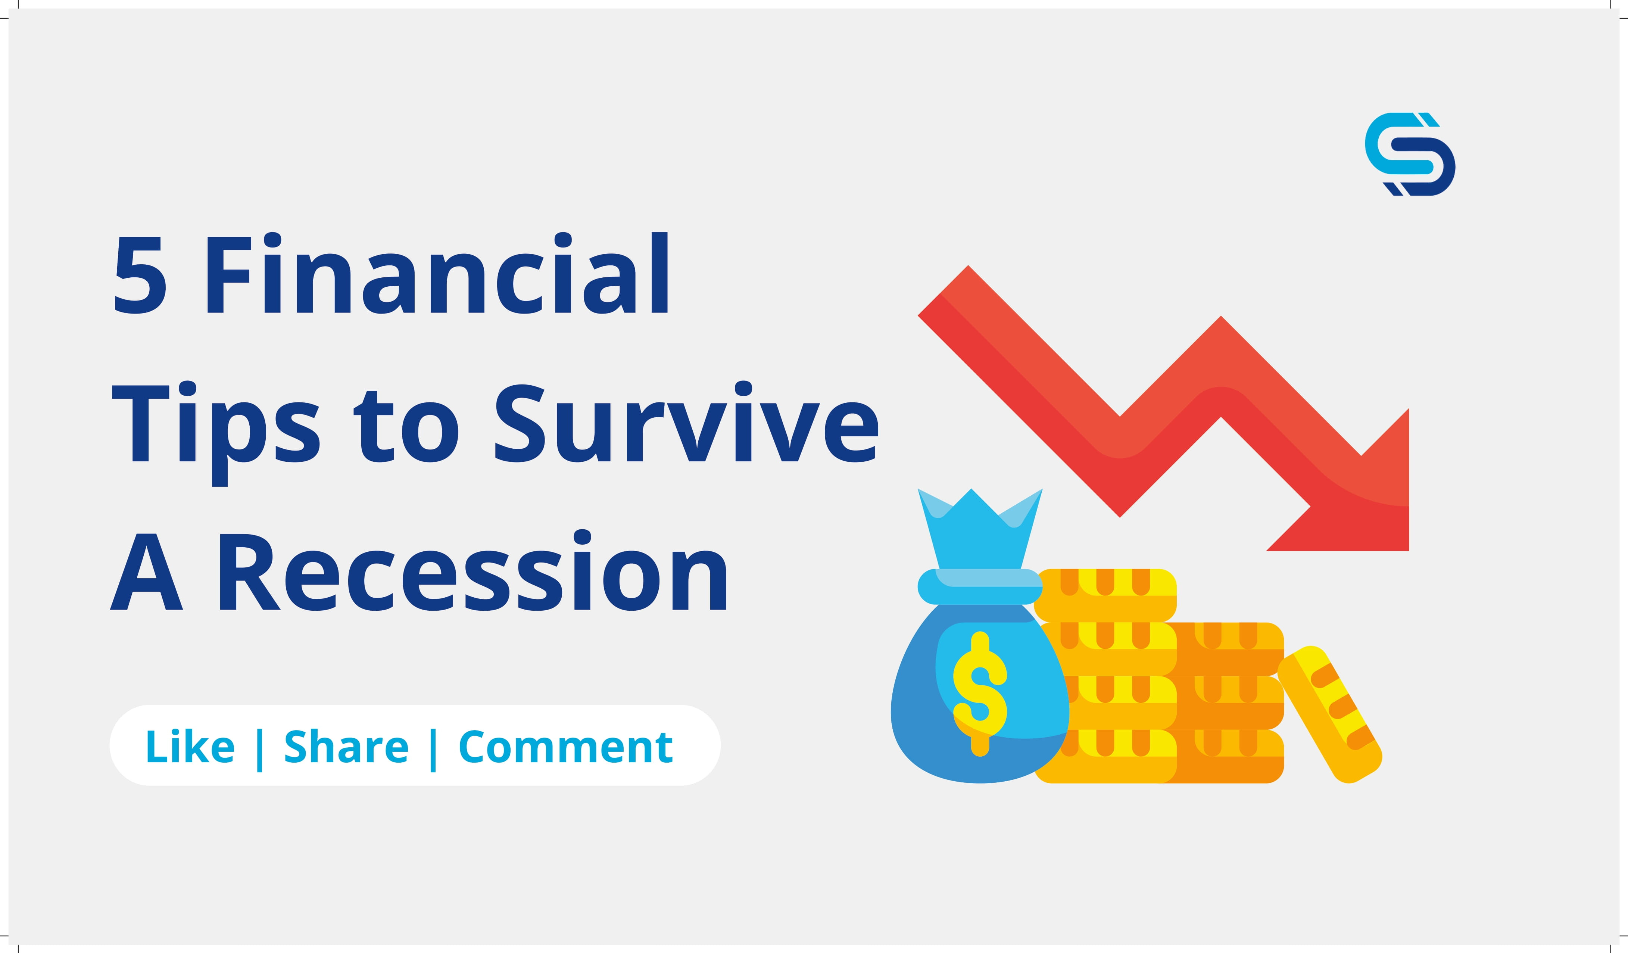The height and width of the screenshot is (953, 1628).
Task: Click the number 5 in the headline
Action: pos(140,275)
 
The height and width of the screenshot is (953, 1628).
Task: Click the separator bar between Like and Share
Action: pos(260,750)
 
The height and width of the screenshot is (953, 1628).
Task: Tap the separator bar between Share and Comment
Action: pos(433,750)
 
